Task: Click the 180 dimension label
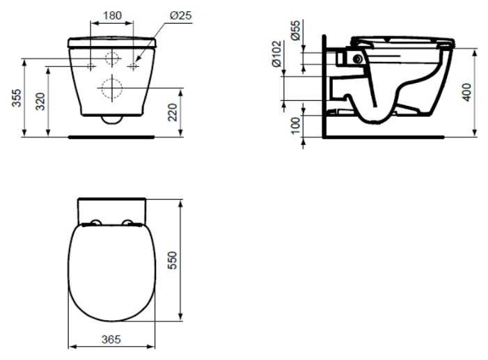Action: tap(112, 15)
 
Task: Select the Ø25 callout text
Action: tap(181, 15)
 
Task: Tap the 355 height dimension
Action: tap(17, 97)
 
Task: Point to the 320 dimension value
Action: tap(40, 101)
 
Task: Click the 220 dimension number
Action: tap(173, 112)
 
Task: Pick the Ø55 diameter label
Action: tap(296, 30)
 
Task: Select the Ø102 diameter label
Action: tap(276, 54)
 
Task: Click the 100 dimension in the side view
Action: tap(296, 125)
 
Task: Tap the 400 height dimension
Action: tap(467, 92)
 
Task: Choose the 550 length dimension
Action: tap(172, 260)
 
